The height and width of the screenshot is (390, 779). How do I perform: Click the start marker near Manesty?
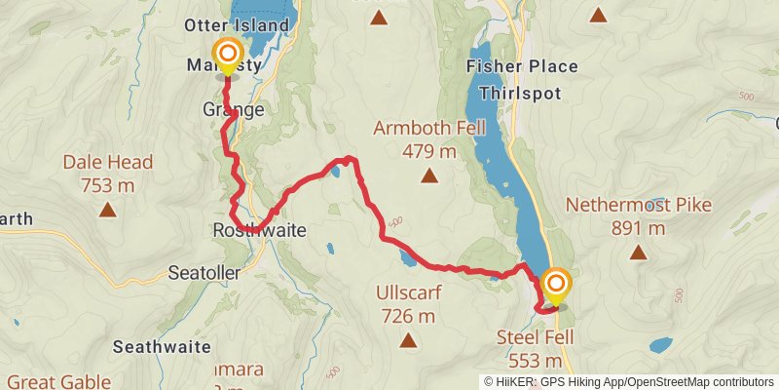[227, 55]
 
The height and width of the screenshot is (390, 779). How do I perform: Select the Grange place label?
[234, 109]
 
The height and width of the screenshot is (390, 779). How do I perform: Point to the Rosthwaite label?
[259, 231]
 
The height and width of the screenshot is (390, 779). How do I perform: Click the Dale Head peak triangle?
[107, 209]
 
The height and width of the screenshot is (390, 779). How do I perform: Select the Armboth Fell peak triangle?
[428, 176]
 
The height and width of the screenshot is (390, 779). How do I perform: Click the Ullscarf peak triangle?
[407, 340]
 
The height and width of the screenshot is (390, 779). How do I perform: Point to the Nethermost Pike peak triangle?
[639, 253]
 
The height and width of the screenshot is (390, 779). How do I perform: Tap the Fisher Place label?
[522, 66]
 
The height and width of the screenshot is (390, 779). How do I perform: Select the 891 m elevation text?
[639, 228]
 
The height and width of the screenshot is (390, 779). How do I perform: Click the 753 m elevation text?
[107, 183]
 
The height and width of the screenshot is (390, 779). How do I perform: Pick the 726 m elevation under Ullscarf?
[407, 315]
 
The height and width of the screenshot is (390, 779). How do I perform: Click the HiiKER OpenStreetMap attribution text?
[629, 382]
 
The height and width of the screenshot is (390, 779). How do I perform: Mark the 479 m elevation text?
[429, 150]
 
